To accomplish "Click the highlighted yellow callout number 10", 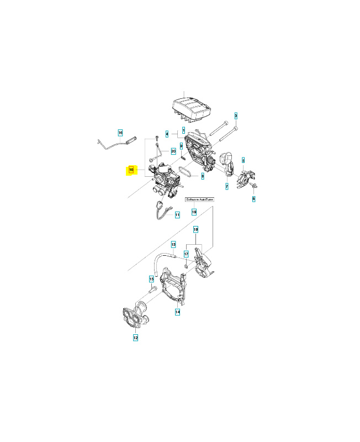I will [131, 170].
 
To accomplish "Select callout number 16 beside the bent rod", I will [120, 133].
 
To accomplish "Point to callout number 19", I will [194, 212].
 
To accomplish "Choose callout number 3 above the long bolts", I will [236, 115].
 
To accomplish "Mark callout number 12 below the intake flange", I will [135, 337].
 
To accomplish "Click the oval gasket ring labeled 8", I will [187, 172].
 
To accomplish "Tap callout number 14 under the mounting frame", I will [178, 312].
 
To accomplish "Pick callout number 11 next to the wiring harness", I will [177, 214].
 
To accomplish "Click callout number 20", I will [173, 151].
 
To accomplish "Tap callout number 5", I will [243, 160].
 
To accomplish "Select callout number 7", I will [226, 187].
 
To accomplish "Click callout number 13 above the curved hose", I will [173, 244].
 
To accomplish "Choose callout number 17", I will [187, 254].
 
